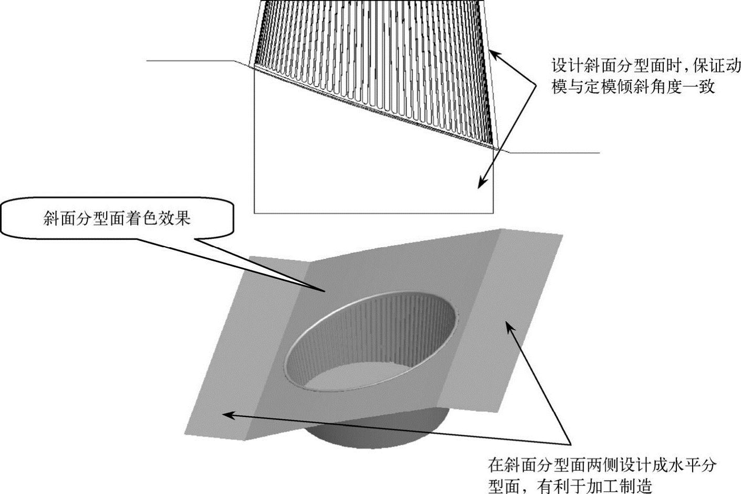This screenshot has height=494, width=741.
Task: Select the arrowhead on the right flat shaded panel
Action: [x=508, y=326]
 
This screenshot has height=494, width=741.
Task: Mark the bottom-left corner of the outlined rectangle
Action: [x=255, y=213]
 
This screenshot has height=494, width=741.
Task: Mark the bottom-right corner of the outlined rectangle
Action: [x=493, y=213]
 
